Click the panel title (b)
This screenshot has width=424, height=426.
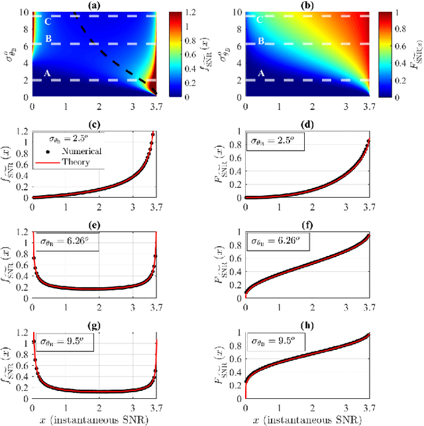[x=311, y=5]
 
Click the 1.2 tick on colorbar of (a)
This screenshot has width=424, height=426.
[x=198, y=12]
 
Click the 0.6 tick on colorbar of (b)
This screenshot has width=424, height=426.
[x=409, y=46]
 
